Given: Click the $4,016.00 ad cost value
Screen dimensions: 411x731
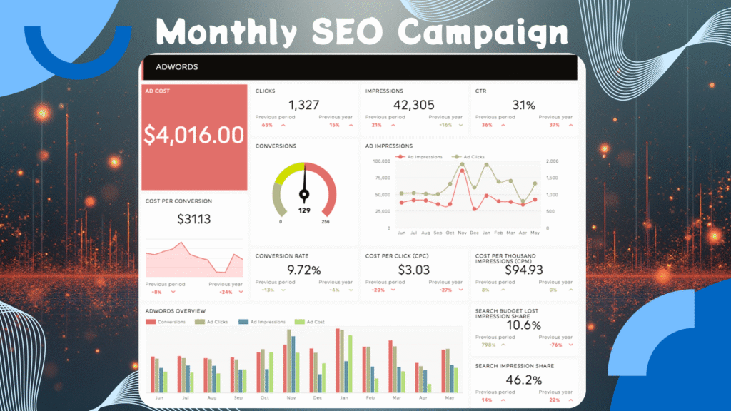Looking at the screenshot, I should pos(194,136).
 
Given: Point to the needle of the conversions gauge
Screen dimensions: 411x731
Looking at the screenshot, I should pos(304,182).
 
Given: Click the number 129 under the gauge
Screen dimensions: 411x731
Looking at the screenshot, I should pos(304,210).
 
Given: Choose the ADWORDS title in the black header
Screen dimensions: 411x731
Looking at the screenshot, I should pos(171,67).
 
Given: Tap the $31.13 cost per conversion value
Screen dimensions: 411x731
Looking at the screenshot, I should pos(194,219).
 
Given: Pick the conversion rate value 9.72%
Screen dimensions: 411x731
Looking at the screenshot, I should pos(303,270).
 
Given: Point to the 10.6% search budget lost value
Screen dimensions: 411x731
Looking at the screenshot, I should pos(523,325).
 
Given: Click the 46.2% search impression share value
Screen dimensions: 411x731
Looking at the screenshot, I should pos(523,380).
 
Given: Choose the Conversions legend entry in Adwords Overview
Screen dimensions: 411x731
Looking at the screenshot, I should pos(166,322).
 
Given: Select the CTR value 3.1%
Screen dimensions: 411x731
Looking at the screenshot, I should pos(523,106).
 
